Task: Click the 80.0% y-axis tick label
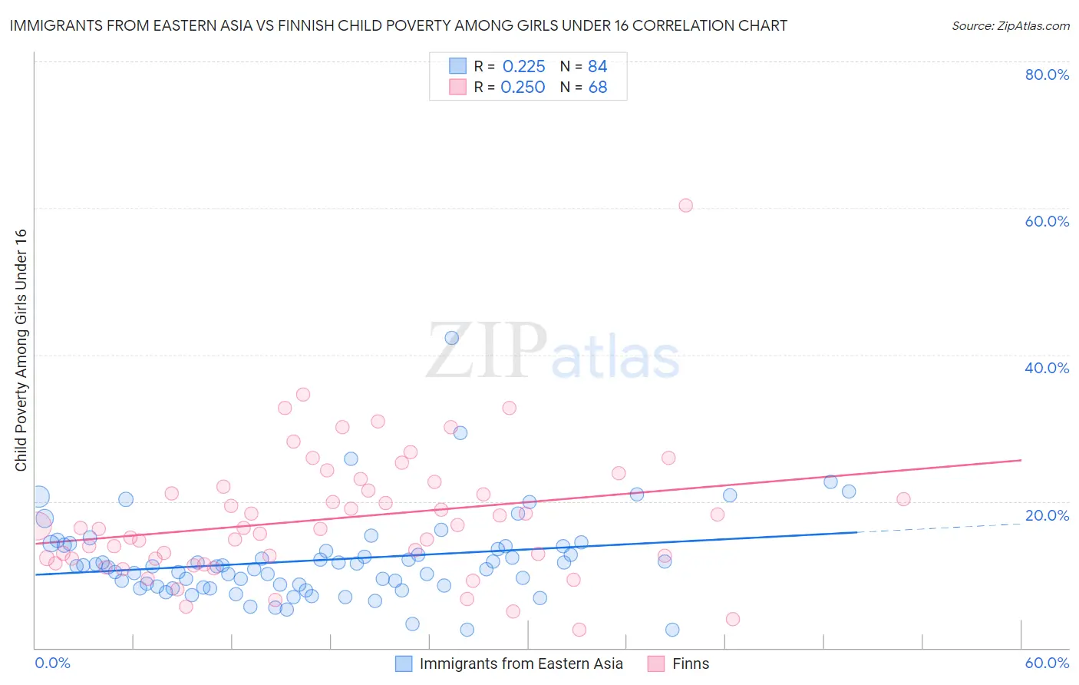pos(1047,74)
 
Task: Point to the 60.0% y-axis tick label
pos(1047,221)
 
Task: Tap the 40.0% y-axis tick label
pos(1047,368)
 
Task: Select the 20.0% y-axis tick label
pos(1047,515)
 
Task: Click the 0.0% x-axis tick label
pos(52,663)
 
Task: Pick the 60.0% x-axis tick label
pos(1047,663)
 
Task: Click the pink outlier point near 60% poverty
pos(685,205)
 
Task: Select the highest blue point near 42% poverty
pos(452,338)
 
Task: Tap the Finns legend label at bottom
pos(691,663)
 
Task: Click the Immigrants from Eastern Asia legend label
pos(521,663)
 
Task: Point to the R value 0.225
pos(523,66)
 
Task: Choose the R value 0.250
pos(523,88)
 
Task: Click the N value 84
pos(597,66)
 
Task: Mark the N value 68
pos(597,88)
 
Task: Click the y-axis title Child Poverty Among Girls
pos(21,350)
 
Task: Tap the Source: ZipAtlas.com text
pos(1010,26)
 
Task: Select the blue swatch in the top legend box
pos(457,66)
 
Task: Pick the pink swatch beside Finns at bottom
pos(655,663)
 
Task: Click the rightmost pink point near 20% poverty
pos(903,499)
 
